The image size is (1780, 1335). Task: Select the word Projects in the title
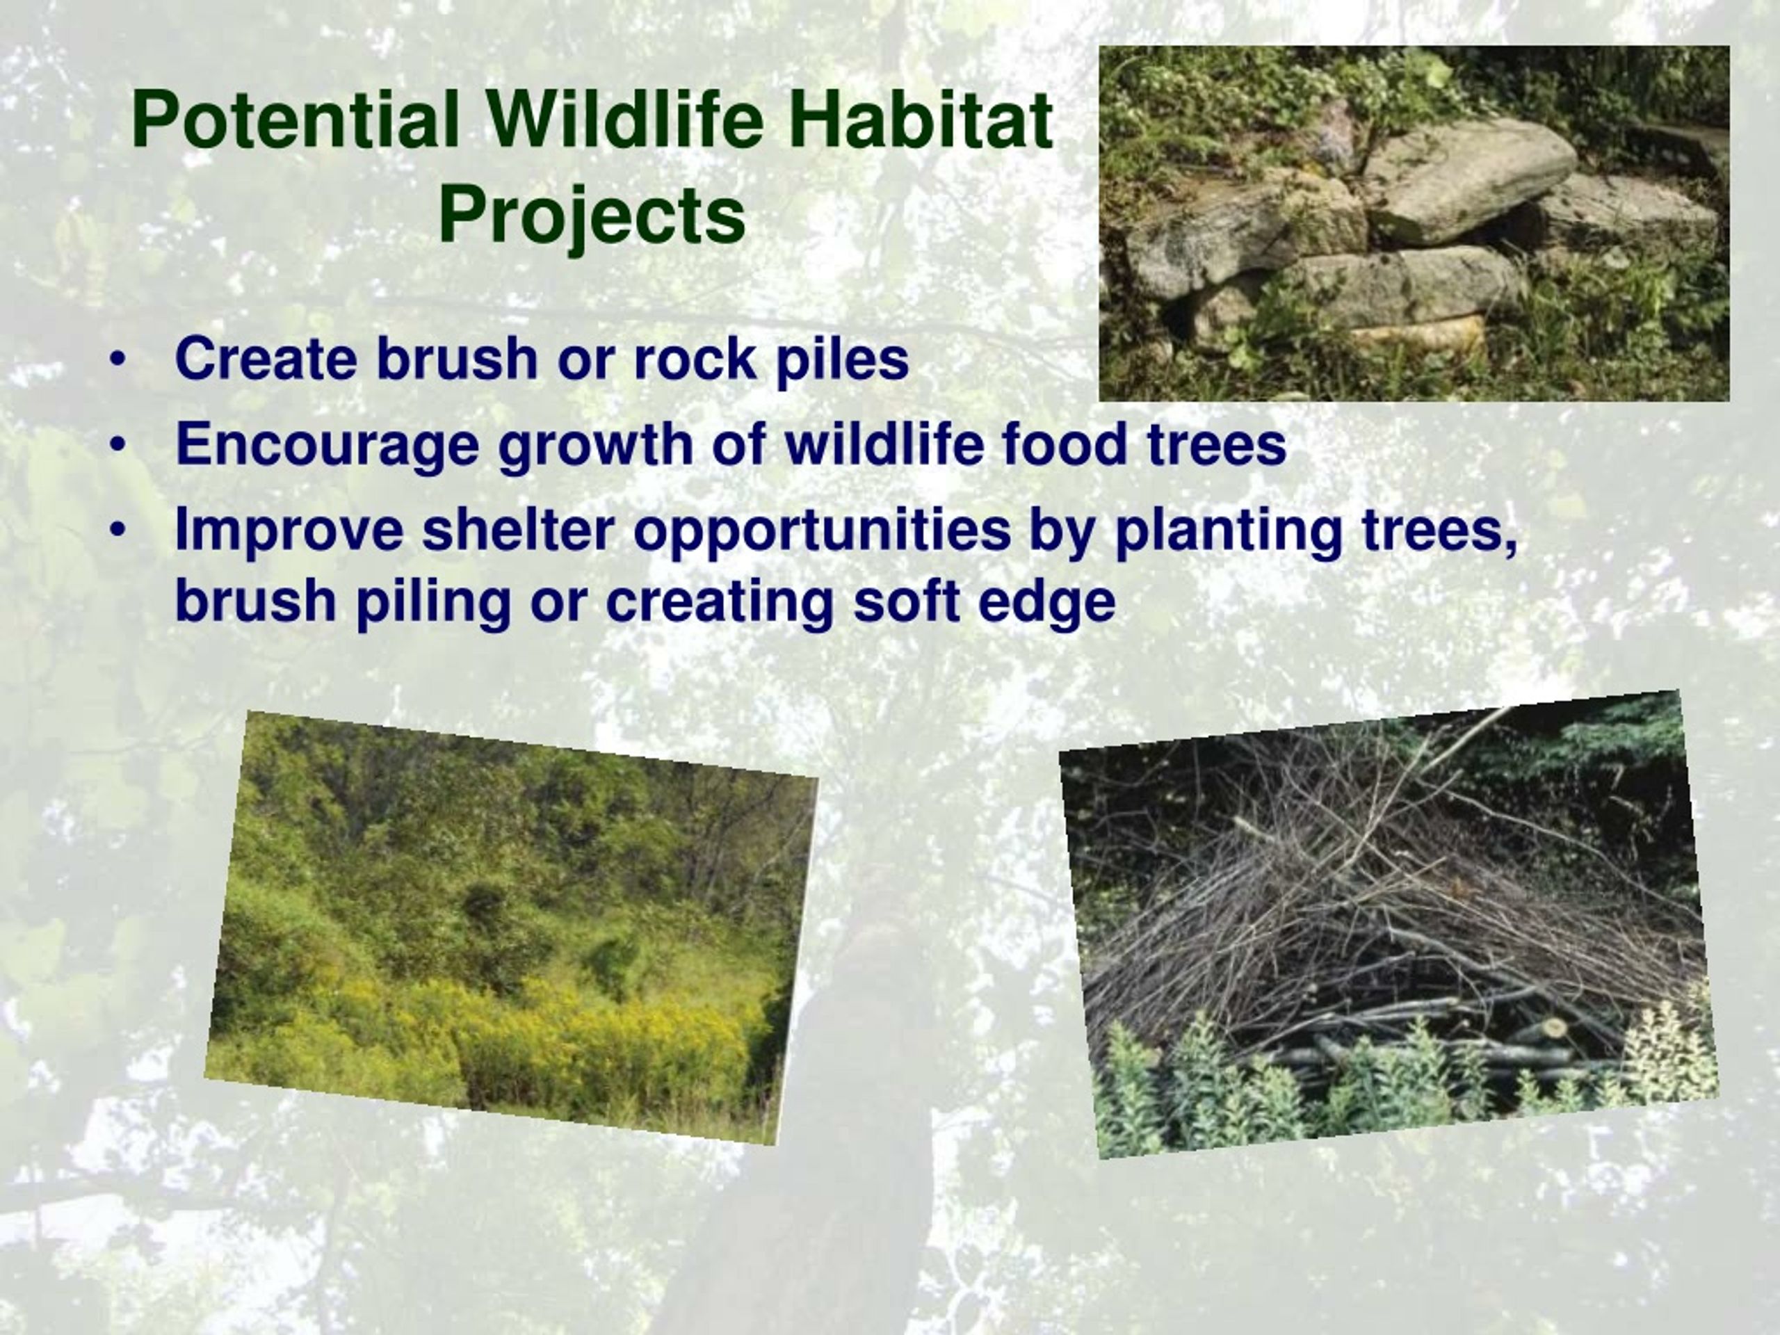(x=592, y=218)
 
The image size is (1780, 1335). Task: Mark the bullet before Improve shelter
(x=118, y=530)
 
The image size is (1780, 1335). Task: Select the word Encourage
(x=327, y=446)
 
